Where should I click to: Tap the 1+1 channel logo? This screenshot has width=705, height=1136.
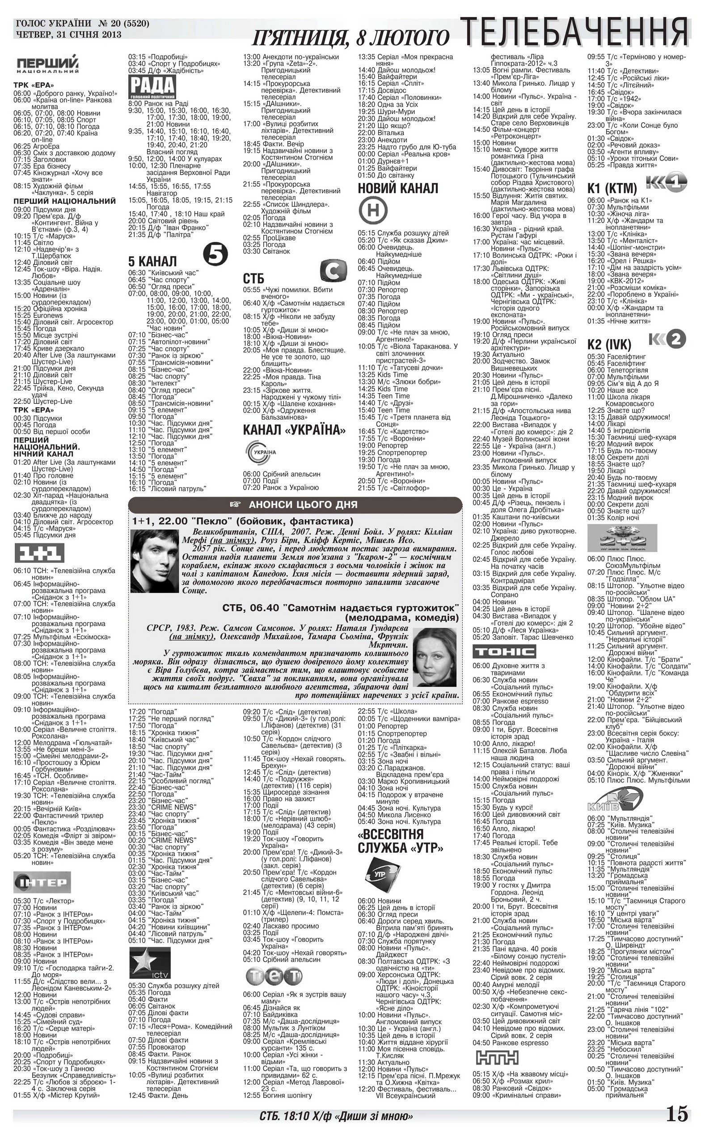pos(39,553)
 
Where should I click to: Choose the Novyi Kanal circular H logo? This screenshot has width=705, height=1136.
pos(373,211)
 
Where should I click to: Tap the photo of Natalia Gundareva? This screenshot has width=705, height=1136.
pos(435,657)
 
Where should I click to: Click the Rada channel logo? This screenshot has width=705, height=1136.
pos(152,88)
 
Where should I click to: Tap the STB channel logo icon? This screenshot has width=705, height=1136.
pos(334,271)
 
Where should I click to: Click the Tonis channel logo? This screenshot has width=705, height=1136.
pos(505,651)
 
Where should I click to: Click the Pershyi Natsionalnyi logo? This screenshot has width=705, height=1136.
pos(47,65)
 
